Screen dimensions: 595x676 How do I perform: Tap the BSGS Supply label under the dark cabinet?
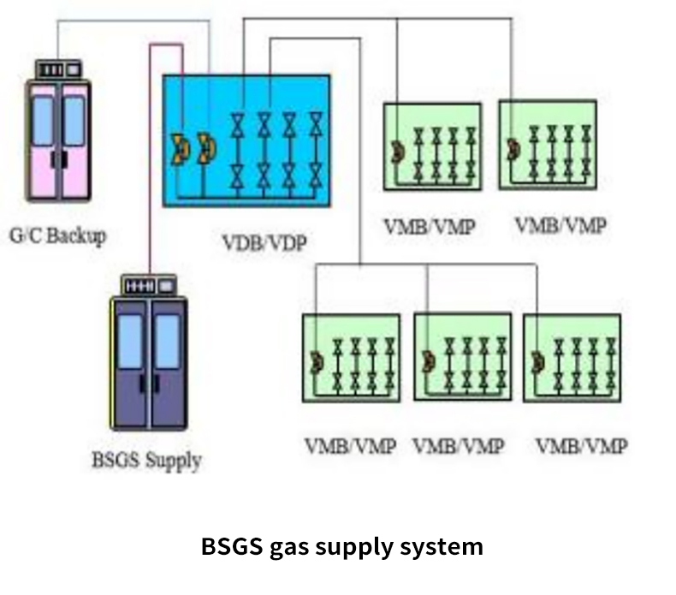point(145,460)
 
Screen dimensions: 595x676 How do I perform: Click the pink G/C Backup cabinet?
point(58,140)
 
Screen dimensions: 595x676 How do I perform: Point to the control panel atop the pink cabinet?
point(58,67)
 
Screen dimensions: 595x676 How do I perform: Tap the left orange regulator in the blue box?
point(181,149)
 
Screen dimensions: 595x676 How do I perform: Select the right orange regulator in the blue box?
point(205,149)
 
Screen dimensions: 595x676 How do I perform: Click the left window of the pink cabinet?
point(43,120)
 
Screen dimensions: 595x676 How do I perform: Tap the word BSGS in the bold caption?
point(229,546)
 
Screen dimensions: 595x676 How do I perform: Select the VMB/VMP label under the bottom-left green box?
point(349,445)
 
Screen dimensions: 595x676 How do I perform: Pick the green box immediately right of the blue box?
point(432,146)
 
